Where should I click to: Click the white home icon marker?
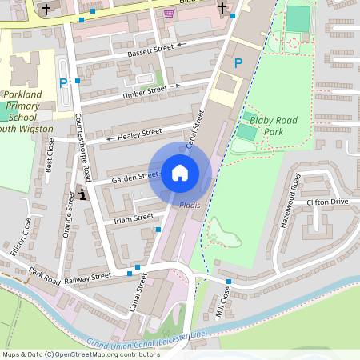coord(180,172)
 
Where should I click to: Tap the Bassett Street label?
coord(151,50)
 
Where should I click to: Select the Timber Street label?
coord(144,92)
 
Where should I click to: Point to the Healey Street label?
coord(140,134)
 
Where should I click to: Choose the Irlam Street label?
coord(133,218)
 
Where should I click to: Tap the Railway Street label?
coord(89,277)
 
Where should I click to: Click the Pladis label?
coord(190,206)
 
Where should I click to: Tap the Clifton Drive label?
coord(327,202)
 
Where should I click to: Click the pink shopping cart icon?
coord(168,13)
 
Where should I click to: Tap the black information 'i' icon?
coord(82,194)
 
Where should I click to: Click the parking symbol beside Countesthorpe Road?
coord(63,82)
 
